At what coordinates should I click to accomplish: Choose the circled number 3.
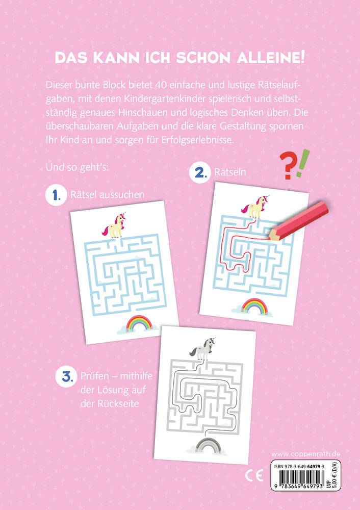coord(65,377)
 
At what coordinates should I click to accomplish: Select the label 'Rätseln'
coord(230,172)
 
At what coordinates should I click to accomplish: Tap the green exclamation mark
coord(303,163)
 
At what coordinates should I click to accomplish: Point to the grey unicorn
coord(201,350)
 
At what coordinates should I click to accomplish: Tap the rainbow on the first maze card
coord(137,324)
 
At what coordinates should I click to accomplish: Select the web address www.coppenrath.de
coord(306,454)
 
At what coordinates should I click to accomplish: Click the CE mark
coord(253,476)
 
